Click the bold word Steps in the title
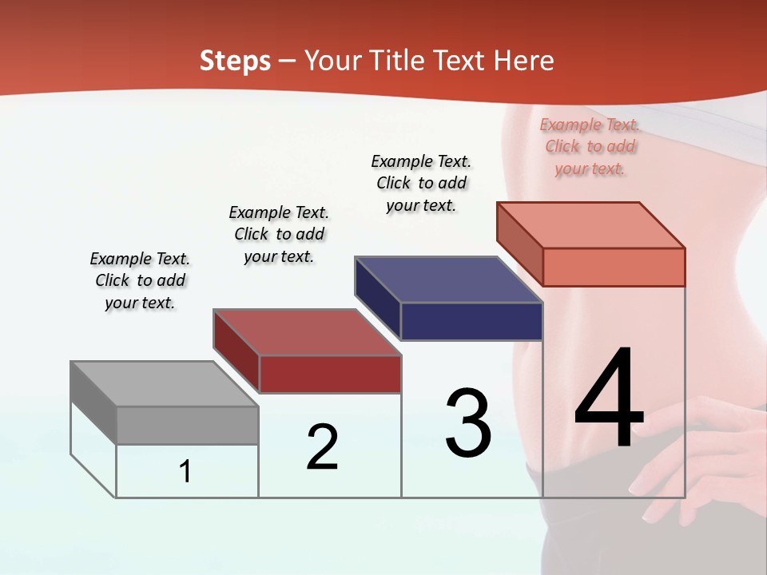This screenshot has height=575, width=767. click(235, 61)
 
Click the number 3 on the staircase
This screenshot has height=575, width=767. click(468, 422)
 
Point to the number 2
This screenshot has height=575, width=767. click(323, 447)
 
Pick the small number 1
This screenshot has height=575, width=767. click(185, 471)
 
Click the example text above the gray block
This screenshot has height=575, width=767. click(140, 280)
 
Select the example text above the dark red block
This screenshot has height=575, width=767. click(279, 234)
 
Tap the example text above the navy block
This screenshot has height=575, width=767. click(421, 183)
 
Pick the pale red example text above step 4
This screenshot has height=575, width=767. click(590, 146)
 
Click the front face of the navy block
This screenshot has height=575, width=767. click(471, 322)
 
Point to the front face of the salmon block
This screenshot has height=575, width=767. click(614, 267)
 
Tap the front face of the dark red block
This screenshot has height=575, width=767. click(330, 375)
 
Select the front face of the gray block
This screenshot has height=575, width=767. click(188, 426)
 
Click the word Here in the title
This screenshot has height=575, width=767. click(524, 61)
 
